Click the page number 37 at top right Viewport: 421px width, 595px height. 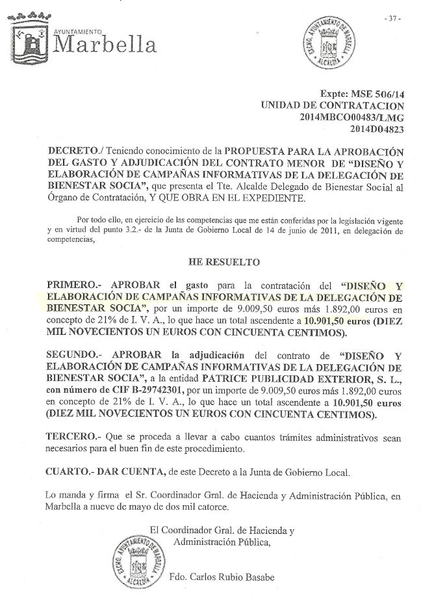pyautogui.click(x=393, y=18)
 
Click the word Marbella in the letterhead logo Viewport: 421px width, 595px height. pyautogui.click(x=105, y=45)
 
